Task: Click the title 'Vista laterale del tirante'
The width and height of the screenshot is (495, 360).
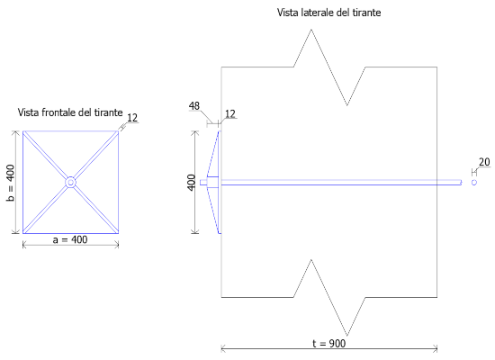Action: click(x=328, y=13)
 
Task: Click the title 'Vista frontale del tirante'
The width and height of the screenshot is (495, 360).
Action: click(x=70, y=112)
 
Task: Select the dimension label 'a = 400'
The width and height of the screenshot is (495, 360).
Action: click(x=70, y=239)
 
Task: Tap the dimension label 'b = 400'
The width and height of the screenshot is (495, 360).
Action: click(x=11, y=183)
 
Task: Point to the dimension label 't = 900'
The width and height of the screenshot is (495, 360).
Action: click(x=328, y=343)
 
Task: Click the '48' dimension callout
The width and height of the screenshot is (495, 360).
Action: click(x=194, y=106)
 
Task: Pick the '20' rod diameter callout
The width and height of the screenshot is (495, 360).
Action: click(x=484, y=162)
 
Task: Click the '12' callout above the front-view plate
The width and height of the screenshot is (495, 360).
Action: click(x=132, y=118)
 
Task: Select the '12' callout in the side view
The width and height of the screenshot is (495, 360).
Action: click(x=230, y=113)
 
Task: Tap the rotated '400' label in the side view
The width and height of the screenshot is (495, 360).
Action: click(x=192, y=183)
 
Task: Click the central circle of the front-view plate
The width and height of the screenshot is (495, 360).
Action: click(x=70, y=182)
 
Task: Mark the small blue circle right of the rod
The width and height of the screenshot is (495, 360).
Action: click(x=473, y=183)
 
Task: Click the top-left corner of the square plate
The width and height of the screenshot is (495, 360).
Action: click(x=23, y=131)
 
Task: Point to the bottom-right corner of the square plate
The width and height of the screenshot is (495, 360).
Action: click(x=119, y=233)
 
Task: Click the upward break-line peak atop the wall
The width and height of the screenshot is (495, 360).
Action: click(x=311, y=30)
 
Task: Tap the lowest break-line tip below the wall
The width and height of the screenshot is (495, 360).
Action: click(x=347, y=336)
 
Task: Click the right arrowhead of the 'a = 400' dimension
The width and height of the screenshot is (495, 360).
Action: click(x=117, y=245)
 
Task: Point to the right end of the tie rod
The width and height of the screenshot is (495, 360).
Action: click(x=461, y=182)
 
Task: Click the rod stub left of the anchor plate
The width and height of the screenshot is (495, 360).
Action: click(x=203, y=182)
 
